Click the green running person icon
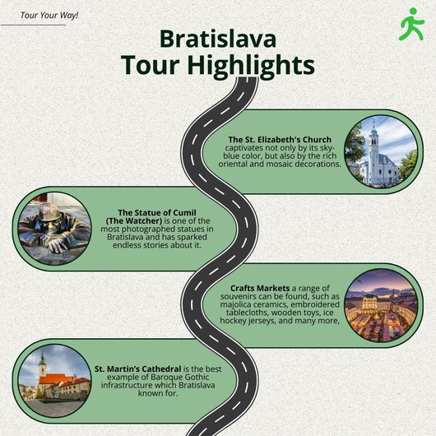[x=411, y=24]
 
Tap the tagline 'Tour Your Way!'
[x=49, y=16]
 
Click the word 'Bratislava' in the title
[x=218, y=39]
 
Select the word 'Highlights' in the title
[x=251, y=66]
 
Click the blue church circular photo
[x=381, y=151]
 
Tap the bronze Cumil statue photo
[x=54, y=229]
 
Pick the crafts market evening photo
[x=381, y=305]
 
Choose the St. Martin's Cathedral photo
[x=54, y=381]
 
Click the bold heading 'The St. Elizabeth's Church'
[x=280, y=140]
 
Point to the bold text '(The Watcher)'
[x=134, y=221]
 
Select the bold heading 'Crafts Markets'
[x=260, y=289]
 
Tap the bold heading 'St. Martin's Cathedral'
[x=138, y=369]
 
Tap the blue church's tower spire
[x=373, y=125]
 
